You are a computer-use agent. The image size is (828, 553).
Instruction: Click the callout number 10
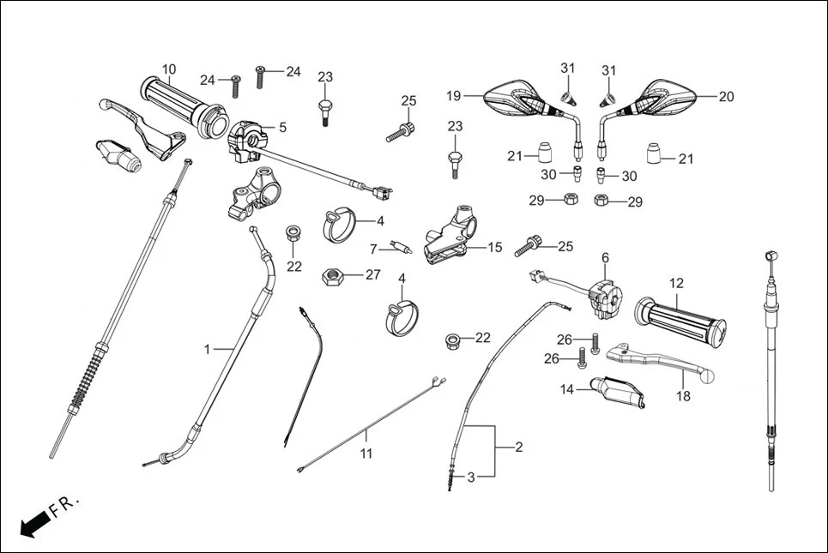point(169,69)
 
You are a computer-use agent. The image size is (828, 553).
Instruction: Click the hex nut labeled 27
point(332,277)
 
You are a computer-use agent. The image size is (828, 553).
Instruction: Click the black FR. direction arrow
point(33,522)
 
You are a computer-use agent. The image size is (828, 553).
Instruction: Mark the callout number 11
point(366,454)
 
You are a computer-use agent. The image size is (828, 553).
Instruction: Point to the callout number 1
point(207,349)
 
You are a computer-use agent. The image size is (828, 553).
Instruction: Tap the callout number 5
point(282,127)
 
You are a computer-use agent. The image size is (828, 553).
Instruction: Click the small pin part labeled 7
point(401,249)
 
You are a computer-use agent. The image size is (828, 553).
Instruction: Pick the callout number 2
point(517,448)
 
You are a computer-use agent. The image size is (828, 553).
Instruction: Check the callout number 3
point(471,476)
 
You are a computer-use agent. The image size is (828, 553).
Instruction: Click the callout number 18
point(683,396)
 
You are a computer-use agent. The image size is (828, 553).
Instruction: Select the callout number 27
point(372,275)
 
